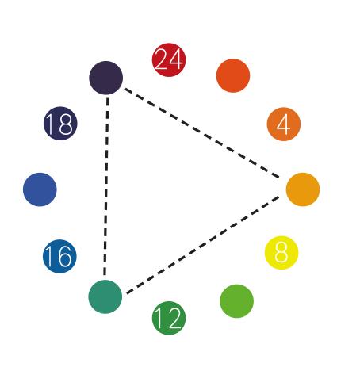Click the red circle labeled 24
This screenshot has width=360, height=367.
tap(169, 59)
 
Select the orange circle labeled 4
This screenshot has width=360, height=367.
tap(284, 124)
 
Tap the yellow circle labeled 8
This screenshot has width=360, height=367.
tap(281, 253)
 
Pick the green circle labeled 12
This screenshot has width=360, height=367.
tap(169, 318)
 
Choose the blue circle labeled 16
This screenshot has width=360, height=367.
tap(59, 256)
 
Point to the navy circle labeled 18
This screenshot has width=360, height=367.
tap(60, 123)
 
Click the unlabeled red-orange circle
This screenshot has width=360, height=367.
tap(233, 75)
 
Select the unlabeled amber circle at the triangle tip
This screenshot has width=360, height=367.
tap(303, 189)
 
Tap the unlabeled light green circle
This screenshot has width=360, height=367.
tap(236, 301)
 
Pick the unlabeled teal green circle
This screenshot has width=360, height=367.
tap(105, 296)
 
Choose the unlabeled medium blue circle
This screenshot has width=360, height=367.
tap(40, 189)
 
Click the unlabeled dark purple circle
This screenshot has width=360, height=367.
tap(105, 78)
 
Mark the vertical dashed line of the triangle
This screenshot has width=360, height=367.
tap(106, 186)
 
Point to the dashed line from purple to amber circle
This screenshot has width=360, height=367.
tap(202, 133)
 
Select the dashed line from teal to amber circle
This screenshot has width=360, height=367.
tap(203, 245)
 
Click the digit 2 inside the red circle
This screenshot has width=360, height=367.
tap(161, 59)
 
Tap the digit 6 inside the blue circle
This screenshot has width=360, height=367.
tap(64, 256)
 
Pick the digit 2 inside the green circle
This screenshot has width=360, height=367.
tap(174, 319)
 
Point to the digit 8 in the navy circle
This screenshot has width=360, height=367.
tap(65, 124)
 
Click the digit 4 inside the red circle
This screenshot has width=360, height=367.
tap(176, 59)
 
